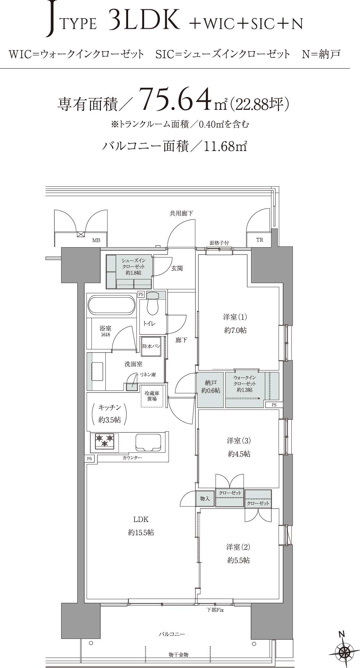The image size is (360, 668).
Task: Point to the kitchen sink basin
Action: [148, 442]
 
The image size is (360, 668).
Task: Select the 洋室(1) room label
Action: [235, 317]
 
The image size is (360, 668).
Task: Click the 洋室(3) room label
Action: [239, 441]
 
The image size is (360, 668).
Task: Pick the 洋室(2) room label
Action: [238, 547]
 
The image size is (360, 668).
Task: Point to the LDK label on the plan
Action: [141, 519]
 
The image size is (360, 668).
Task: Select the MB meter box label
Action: [96, 240]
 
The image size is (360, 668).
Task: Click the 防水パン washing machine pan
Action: [151, 346]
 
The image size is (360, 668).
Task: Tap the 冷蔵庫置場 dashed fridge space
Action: [152, 396]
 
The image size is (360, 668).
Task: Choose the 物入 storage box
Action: [205, 499]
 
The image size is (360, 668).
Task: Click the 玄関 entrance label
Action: [177, 268]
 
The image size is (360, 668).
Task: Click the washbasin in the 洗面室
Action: [98, 371]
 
